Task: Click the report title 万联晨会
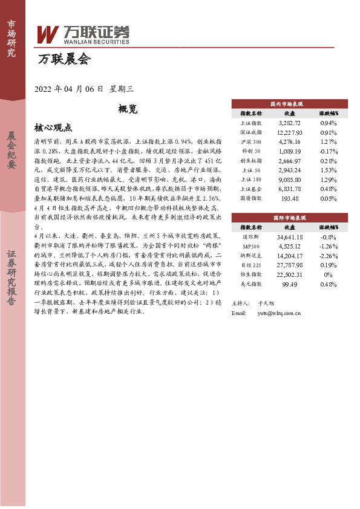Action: pyautogui.click(x=64, y=59)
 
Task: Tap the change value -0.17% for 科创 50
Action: pyautogui.click(x=329, y=151)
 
